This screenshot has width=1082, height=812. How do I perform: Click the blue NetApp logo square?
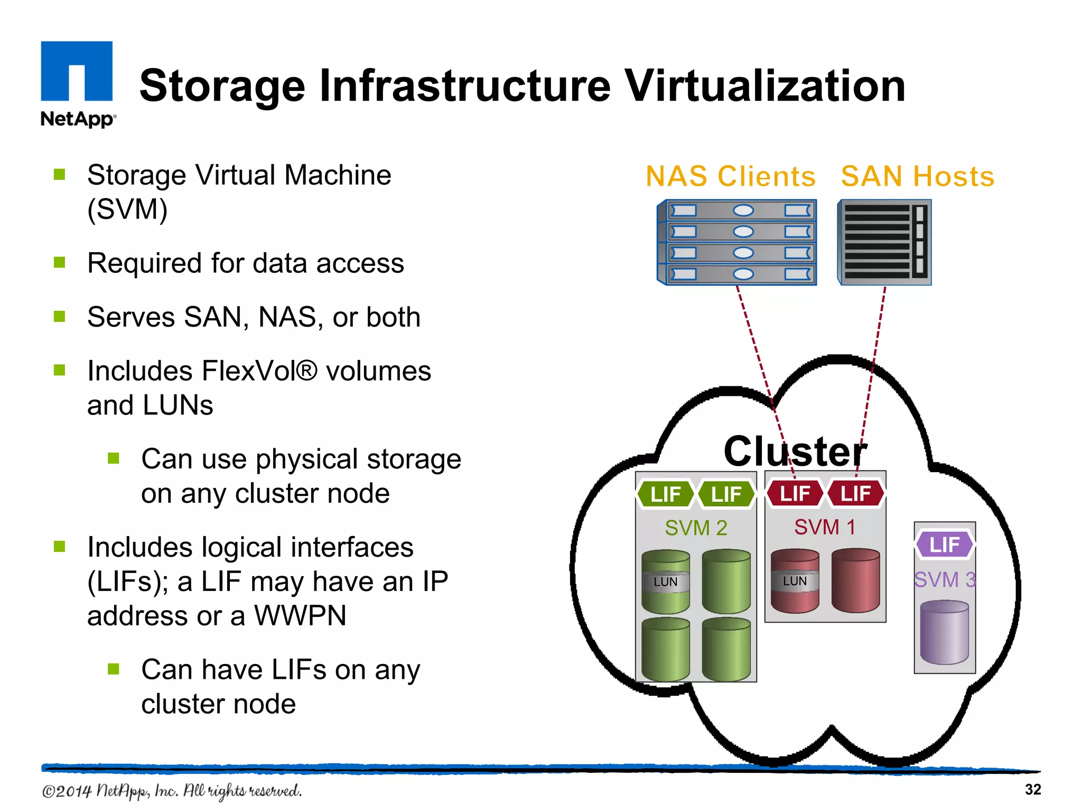(77, 70)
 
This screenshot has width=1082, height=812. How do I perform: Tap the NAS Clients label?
(731, 176)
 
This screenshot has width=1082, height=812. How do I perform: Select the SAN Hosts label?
(918, 176)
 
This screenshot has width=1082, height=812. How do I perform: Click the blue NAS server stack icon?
(738, 242)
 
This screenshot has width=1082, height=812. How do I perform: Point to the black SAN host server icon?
(885, 242)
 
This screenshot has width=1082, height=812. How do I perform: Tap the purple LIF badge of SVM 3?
(945, 545)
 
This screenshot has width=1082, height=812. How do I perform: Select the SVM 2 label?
(696, 528)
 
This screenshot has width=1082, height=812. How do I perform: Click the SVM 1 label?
(825, 527)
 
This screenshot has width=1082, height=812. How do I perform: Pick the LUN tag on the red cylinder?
(795, 581)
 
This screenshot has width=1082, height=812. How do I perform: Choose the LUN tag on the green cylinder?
(666, 582)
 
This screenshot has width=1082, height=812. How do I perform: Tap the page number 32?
(1032, 789)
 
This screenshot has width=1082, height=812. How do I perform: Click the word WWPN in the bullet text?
(300, 616)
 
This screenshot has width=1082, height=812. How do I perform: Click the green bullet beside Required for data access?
(60, 262)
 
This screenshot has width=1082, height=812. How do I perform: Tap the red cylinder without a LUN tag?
(855, 580)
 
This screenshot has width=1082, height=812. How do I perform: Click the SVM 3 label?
(945, 580)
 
